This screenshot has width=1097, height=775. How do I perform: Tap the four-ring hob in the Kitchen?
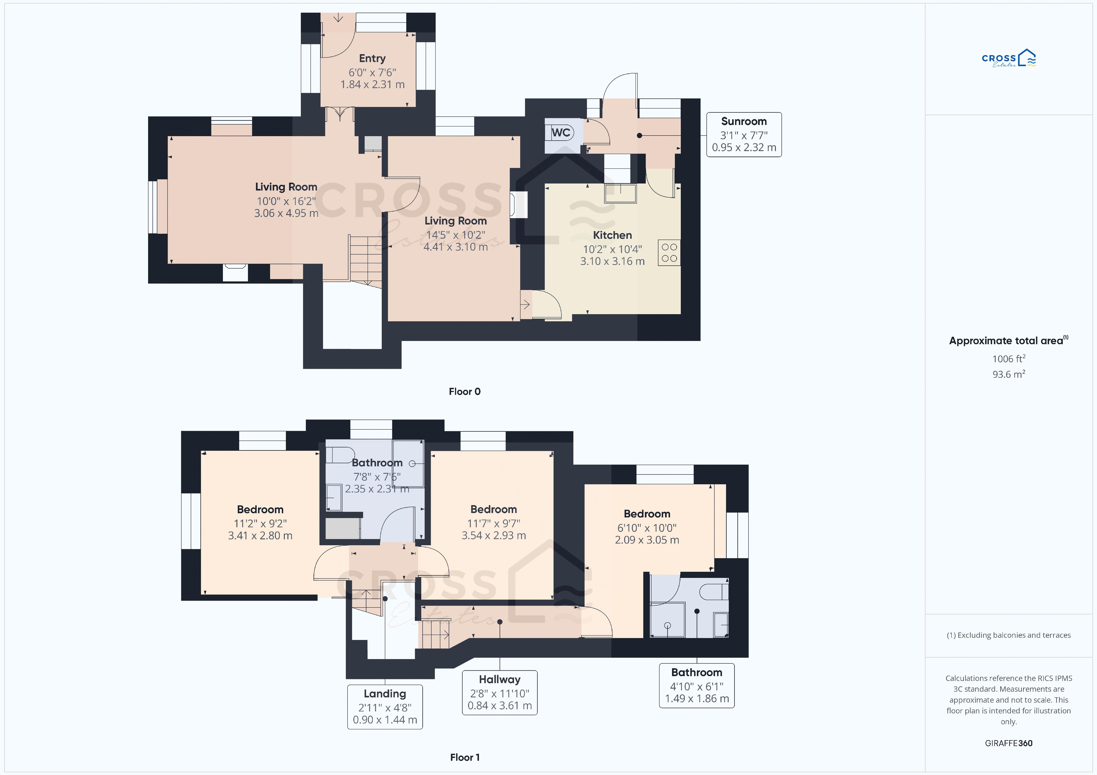[x=669, y=253]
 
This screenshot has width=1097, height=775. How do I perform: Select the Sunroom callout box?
[x=744, y=135]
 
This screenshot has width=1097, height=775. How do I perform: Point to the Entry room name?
[x=372, y=58]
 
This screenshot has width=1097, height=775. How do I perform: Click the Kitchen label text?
[x=613, y=235]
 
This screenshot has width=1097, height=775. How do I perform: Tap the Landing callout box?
[x=385, y=707]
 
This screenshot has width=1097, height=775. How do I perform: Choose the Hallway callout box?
[x=500, y=692]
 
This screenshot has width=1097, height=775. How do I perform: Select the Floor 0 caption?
[x=464, y=392]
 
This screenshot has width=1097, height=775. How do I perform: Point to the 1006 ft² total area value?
[x=1009, y=359]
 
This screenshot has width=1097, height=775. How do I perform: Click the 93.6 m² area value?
[x=1009, y=374]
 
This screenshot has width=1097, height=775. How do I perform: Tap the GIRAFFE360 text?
[x=1009, y=743]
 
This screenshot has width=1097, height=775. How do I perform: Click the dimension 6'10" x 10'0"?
[x=647, y=528]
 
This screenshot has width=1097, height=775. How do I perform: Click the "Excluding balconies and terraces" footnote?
[x=1009, y=635]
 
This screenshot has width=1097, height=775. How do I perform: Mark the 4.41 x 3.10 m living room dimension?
[x=455, y=247]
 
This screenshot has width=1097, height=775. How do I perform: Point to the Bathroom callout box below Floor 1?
[x=697, y=685]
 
